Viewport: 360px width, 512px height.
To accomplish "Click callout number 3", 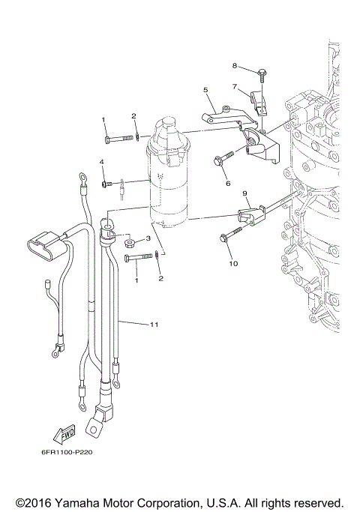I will pos(148,238).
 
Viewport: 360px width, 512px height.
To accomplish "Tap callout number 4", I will pos(103,162).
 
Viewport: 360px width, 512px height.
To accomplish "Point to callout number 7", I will pos(234,87).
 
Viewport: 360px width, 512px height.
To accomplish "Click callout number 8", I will pos(234,65).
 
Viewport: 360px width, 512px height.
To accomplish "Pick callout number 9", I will pos(244,193).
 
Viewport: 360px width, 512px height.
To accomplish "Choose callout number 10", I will pos(232,264).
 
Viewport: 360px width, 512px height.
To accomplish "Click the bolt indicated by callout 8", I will pos(262,74).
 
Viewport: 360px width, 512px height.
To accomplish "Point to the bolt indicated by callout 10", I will pos(225,238).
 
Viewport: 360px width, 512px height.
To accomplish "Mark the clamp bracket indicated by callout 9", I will pos(250,217).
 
